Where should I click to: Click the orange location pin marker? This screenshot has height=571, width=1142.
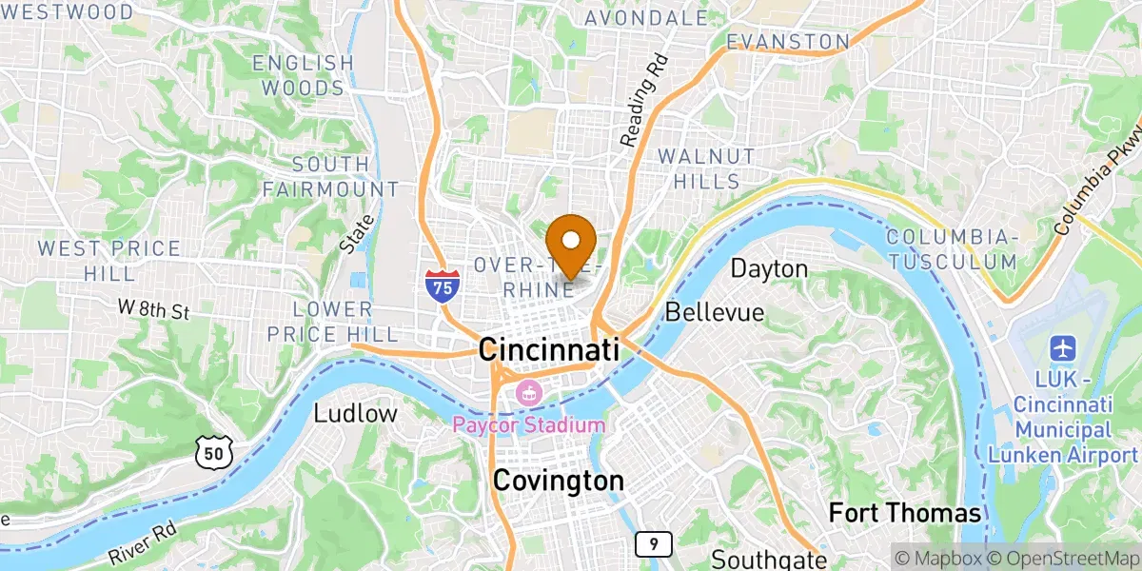[573, 243]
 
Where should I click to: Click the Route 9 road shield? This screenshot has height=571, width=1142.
[654, 544]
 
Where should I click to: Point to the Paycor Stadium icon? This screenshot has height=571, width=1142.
[526, 392]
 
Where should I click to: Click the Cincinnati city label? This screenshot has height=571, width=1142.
[548, 349]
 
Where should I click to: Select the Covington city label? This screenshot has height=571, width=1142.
[558, 482]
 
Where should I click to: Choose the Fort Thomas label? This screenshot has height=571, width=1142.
[904, 514]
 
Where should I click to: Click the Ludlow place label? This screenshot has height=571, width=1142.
[355, 414]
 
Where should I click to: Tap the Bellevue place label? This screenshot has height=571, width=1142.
[715, 312]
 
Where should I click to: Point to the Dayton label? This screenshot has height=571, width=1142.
[769, 269]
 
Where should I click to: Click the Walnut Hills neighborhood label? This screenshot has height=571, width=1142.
[706, 168]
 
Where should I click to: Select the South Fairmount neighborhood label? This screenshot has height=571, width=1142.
[330, 177]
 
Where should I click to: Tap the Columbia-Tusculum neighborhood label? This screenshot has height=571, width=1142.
[951, 248]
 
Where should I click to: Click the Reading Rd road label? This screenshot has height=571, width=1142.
[643, 100]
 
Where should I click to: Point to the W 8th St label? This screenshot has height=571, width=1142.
[155, 309]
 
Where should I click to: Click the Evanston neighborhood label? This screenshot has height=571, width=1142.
[787, 42]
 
